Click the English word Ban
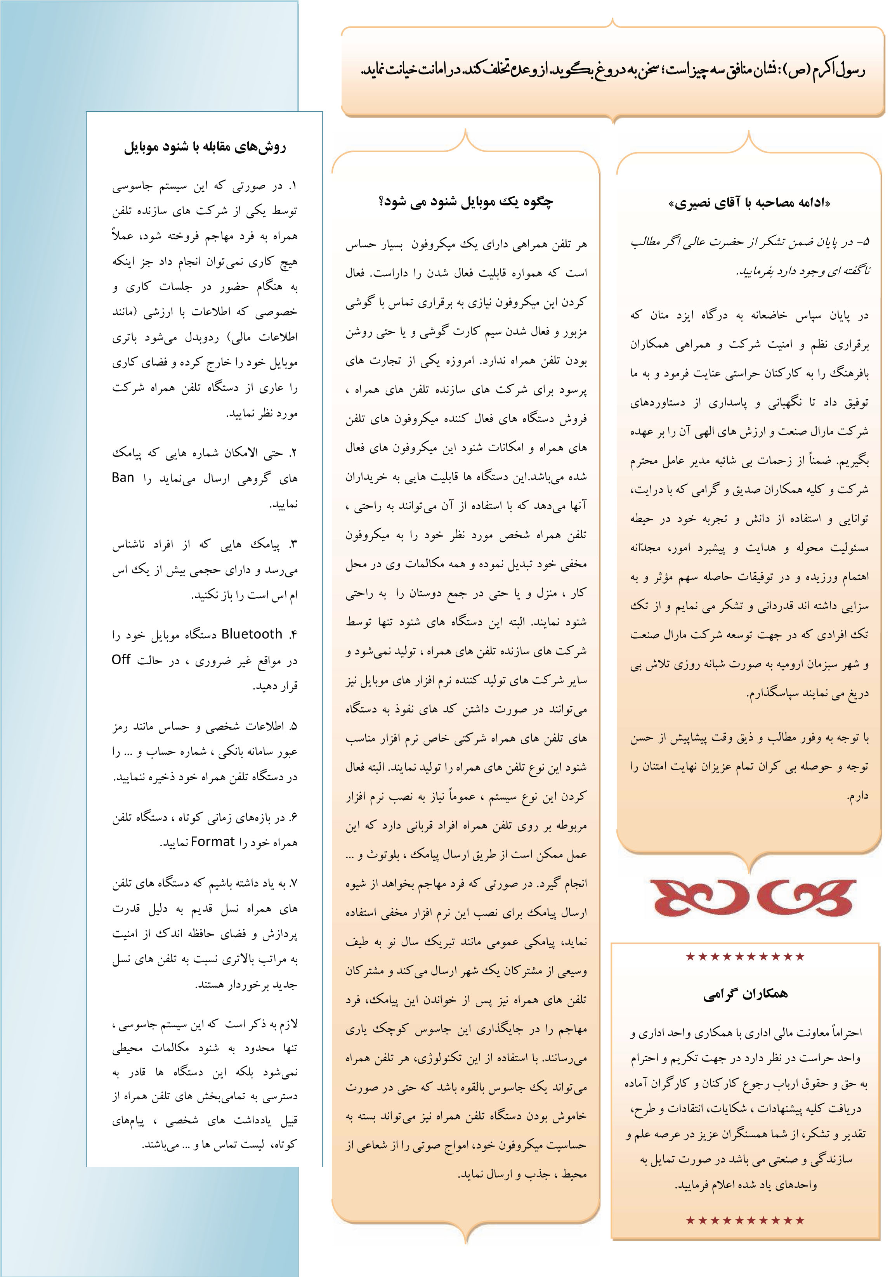pyautogui.click(x=123, y=478)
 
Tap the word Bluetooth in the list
pyautogui.click(x=252, y=634)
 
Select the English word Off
pyautogui.click(x=121, y=660)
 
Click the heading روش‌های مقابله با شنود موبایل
pyautogui.click(x=205, y=147)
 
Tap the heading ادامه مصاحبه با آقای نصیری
pyautogui.click(x=749, y=203)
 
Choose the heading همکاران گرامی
pyautogui.click(x=745, y=994)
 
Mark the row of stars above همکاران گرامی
pyautogui.click(x=745, y=956)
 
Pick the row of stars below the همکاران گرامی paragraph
pyautogui.click(x=745, y=1220)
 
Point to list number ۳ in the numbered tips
pyautogui.click(x=293, y=544)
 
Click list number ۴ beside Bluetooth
pyautogui.click(x=293, y=634)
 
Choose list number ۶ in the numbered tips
pyautogui.click(x=293, y=818)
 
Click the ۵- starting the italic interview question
pyautogui.click(x=863, y=243)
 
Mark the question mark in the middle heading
pyautogui.click(x=383, y=201)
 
